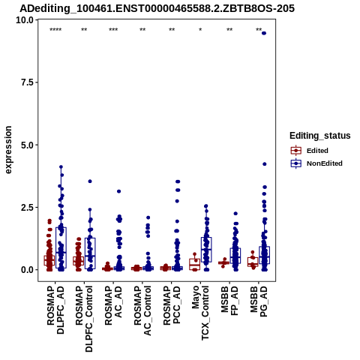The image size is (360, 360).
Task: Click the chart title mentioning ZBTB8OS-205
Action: pyautogui.click(x=157, y=8)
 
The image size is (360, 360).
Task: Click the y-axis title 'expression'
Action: pyautogui.click(x=8, y=150)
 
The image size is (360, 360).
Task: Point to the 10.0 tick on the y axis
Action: pyautogui.click(x=25, y=19)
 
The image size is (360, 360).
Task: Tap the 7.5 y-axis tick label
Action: pyautogui.click(x=27, y=82)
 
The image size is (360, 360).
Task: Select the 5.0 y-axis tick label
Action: pyautogui.click(x=27, y=145)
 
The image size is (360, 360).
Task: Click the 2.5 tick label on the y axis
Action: pyautogui.click(x=27, y=207)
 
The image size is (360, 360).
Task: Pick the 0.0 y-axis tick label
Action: pyautogui.click(x=27, y=270)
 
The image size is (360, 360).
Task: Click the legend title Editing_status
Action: pyautogui.click(x=320, y=136)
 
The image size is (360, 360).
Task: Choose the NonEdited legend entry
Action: pyautogui.click(x=316, y=163)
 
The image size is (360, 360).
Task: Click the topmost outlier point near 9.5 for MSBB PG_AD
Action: pyautogui.click(x=264, y=33)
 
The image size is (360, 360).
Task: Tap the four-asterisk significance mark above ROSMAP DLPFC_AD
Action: pyautogui.click(x=55, y=30)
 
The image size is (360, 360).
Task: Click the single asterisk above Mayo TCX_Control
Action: pyautogui.click(x=200, y=30)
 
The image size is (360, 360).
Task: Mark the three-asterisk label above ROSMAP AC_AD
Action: pyautogui.click(x=113, y=30)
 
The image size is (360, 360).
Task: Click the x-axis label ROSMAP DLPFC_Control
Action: pyautogui.click(x=84, y=319)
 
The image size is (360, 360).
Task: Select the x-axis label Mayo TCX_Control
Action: pyautogui.click(x=200, y=313)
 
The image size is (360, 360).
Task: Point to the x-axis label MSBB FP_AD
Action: pyautogui.click(x=229, y=301)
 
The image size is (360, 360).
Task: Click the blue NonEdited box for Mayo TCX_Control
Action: pyautogui.click(x=206, y=250)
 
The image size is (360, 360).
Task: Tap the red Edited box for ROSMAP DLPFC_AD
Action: pyautogui.click(x=49, y=260)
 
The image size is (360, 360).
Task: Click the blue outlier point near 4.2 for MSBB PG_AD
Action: pyautogui.click(x=265, y=164)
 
